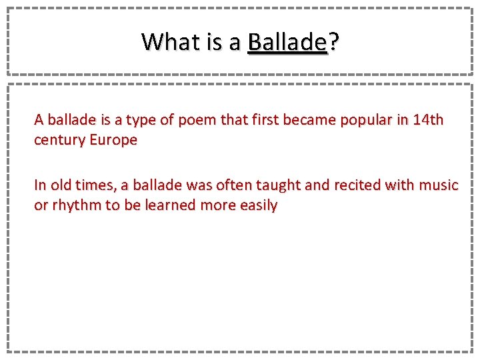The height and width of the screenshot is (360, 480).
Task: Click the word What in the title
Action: coord(169,42)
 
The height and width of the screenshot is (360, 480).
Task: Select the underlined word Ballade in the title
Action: coord(286,42)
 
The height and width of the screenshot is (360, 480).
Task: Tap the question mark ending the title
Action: coord(333,42)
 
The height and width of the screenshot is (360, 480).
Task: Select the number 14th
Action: coord(428,120)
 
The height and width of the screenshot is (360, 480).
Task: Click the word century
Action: coord(59,141)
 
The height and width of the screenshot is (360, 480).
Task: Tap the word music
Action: coord(439,185)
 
